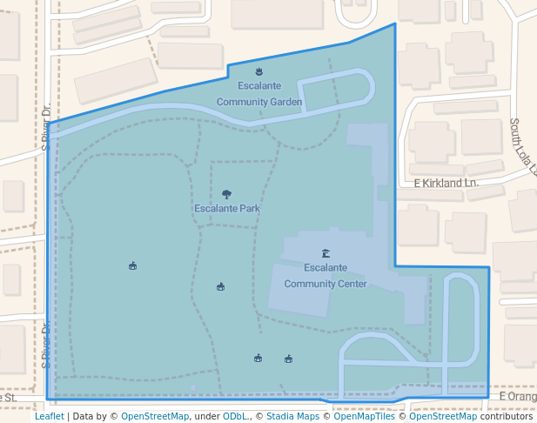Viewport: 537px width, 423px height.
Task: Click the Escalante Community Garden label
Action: pos(259,94)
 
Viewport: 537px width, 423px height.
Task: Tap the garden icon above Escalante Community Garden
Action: pos(258,71)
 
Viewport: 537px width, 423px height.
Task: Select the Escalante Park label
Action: pos(227,209)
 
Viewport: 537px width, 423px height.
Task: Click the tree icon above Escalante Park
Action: pos(227,195)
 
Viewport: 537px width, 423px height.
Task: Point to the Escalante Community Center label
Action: pos(326,275)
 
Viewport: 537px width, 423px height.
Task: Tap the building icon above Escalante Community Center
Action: pos(326,253)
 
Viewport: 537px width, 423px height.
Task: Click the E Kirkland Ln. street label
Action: pos(446,184)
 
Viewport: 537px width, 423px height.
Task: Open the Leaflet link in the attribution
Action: pos(49,416)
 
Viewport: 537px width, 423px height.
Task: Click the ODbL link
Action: pos(234,416)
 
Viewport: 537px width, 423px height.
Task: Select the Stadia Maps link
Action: pos(292,416)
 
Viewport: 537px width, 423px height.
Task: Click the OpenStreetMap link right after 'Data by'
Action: pos(155,416)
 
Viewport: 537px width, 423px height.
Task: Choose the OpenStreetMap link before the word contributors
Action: pos(443,416)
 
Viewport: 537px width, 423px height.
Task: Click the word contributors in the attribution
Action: pos(507,416)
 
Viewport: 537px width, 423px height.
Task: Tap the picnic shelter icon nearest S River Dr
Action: pos(132,265)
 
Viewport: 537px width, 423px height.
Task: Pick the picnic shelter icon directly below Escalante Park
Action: pos(220,286)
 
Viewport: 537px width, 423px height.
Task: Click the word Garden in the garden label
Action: pos(285,102)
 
